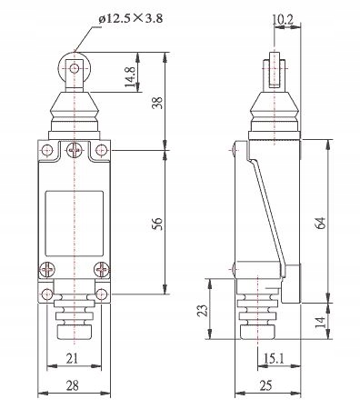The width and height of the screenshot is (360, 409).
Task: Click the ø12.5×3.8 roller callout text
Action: (x=131, y=18)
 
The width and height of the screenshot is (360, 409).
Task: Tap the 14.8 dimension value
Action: (x=130, y=77)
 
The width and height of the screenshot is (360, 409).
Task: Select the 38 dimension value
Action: (x=158, y=103)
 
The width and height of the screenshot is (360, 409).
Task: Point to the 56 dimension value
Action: (x=158, y=224)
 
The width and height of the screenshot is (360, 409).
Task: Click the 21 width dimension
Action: (x=72, y=359)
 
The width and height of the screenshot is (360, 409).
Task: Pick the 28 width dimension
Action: (x=73, y=385)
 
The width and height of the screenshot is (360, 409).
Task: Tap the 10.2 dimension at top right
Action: (x=283, y=20)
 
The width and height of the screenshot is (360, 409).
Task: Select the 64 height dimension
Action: (x=321, y=223)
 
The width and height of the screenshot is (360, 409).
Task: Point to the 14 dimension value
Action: (x=321, y=322)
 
